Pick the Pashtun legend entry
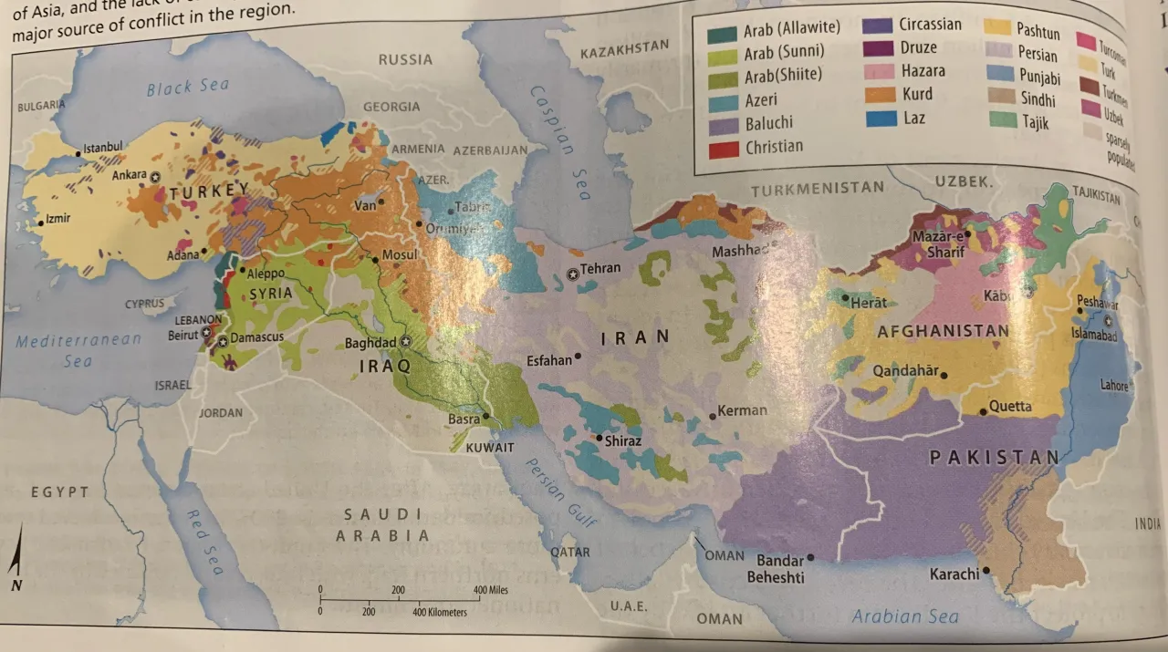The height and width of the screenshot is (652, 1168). coord(1038,33)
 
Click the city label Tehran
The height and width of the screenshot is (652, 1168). coord(600,268)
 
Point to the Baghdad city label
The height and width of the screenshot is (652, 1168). coord(370,344)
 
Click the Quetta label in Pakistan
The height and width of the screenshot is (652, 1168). coord(1010,407)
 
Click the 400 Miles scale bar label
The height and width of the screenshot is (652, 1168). coord(490,590)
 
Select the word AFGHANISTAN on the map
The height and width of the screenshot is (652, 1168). coord(943,332)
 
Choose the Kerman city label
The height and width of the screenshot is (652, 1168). coord(742,411)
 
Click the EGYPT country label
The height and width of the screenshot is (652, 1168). coord(59,492)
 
